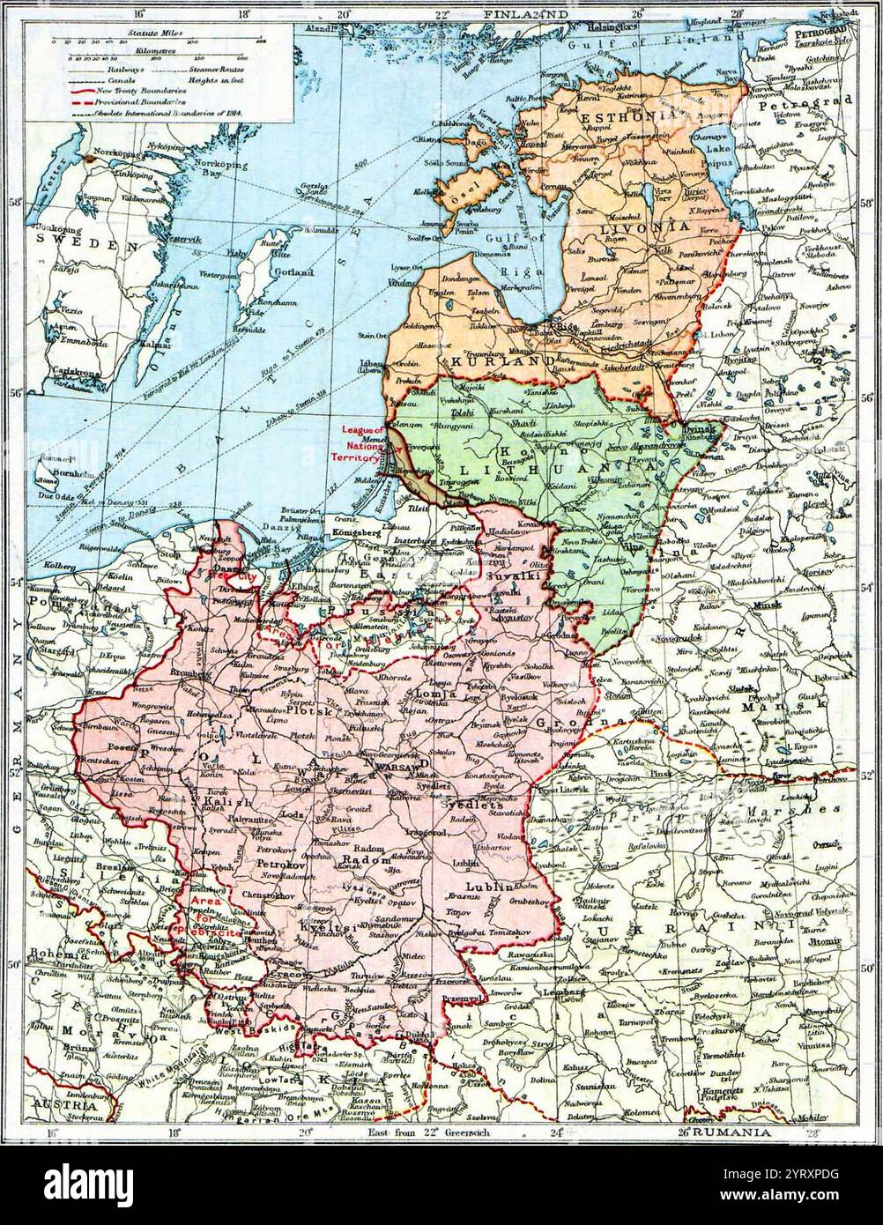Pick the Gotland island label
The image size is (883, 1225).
[x=296, y=273]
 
